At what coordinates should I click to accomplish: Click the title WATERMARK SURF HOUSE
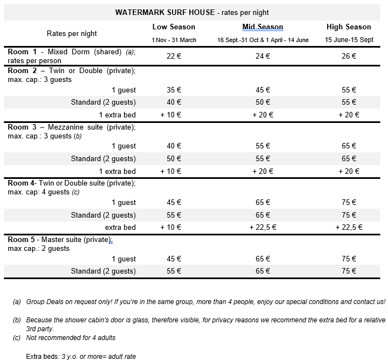pyautogui.click(x=153, y=12)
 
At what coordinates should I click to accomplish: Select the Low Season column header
pyautogui.click(x=174, y=27)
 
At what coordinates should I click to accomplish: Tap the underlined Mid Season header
pyautogui.click(x=262, y=27)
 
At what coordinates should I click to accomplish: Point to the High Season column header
pyautogui.click(x=349, y=27)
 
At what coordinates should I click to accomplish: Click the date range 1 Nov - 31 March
pyautogui.click(x=174, y=40)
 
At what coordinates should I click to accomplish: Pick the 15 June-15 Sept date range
pyautogui.click(x=349, y=40)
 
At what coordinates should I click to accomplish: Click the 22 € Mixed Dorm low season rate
pyautogui.click(x=174, y=56)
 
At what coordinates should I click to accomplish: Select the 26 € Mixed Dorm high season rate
pyautogui.click(x=349, y=56)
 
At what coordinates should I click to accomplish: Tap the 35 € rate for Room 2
pyautogui.click(x=174, y=90)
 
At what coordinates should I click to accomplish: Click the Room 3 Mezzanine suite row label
pyautogui.click(x=72, y=127)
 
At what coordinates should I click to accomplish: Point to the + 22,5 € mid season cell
pyautogui.click(x=262, y=228)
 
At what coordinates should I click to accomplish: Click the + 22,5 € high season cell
pyautogui.click(x=349, y=228)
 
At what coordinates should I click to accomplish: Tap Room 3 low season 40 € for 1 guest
pyautogui.click(x=174, y=146)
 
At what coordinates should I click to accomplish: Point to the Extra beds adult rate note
pyautogui.click(x=81, y=356)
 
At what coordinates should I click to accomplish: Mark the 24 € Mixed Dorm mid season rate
pyautogui.click(x=262, y=56)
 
